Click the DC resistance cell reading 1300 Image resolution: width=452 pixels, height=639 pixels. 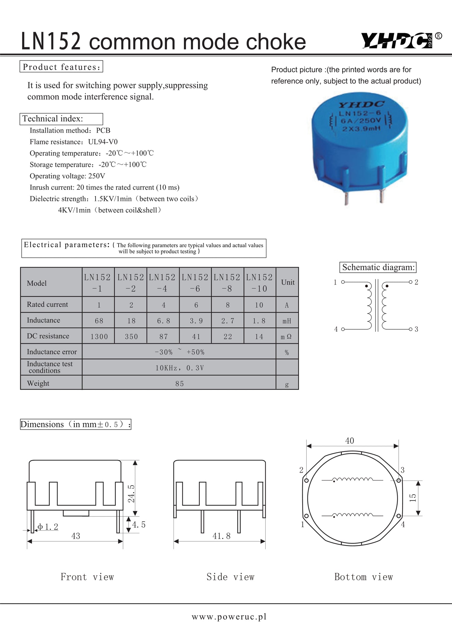coord(99,337)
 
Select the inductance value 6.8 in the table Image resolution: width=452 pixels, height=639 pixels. coord(163,321)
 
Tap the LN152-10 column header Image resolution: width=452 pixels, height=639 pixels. coord(259,283)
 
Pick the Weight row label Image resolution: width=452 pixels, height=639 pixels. coord(38,383)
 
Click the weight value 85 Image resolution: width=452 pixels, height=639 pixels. coord(179,383)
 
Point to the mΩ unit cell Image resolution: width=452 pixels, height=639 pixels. coord(286,337)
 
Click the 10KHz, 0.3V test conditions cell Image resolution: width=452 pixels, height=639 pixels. coord(179,368)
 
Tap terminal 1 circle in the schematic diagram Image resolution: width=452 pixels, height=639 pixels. coord(343,282)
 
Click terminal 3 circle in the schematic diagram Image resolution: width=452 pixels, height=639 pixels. coord(411,329)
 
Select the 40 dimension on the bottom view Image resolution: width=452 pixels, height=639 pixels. coord(350,441)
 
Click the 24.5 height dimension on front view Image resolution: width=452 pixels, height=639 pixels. coord(131,493)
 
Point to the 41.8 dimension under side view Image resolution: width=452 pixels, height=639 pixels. coord(221,536)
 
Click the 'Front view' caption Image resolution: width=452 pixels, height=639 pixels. coord(87,577)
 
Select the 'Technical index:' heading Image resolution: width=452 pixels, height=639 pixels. coord(53,119)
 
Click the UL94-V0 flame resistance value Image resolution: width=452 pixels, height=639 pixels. coord(103,142)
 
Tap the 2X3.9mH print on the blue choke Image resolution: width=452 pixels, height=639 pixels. coord(361,128)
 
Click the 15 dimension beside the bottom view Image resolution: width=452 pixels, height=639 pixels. coord(413,498)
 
